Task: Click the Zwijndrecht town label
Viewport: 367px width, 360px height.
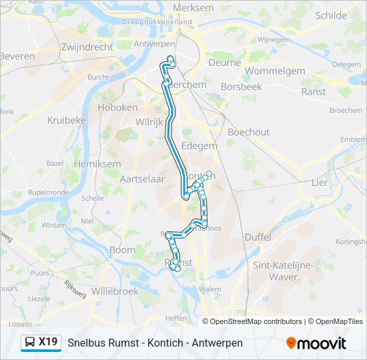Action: click(x=87, y=47)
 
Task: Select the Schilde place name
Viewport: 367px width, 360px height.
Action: click(x=330, y=15)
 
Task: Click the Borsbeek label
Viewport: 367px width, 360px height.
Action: click(x=242, y=87)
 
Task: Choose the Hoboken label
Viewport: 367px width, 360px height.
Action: click(x=117, y=107)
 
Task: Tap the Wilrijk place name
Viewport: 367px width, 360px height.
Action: click(x=149, y=122)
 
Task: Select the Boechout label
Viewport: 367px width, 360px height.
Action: click(x=248, y=132)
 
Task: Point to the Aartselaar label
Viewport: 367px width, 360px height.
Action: click(x=141, y=179)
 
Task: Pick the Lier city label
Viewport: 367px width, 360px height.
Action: click(x=320, y=182)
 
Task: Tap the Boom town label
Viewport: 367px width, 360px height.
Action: click(x=122, y=250)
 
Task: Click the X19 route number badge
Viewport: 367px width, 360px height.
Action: click(x=48, y=342)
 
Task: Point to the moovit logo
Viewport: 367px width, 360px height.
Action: click(x=316, y=343)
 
